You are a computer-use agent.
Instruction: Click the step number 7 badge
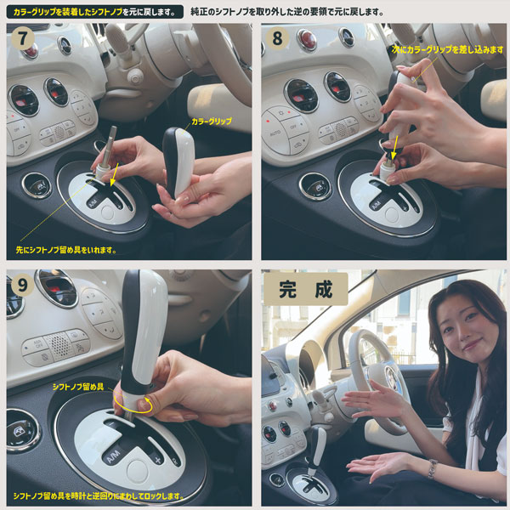click(22, 40)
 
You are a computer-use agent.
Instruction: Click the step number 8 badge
click(278, 40)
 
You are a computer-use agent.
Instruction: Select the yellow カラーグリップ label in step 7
click(211, 121)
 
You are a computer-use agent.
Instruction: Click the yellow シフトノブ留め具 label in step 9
click(77, 387)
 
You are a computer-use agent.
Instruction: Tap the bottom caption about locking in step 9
click(102, 495)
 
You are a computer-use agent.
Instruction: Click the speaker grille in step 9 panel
click(57, 346)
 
